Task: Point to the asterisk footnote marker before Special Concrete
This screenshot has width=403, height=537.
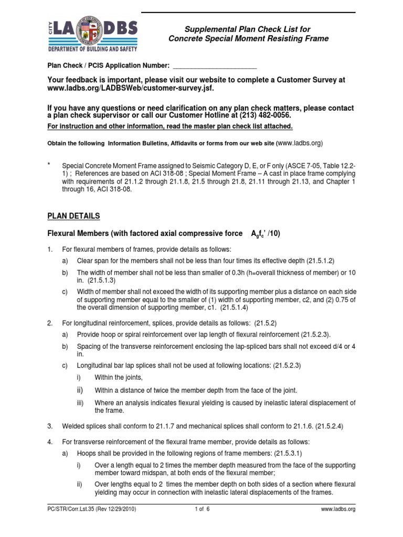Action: click(49, 165)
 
